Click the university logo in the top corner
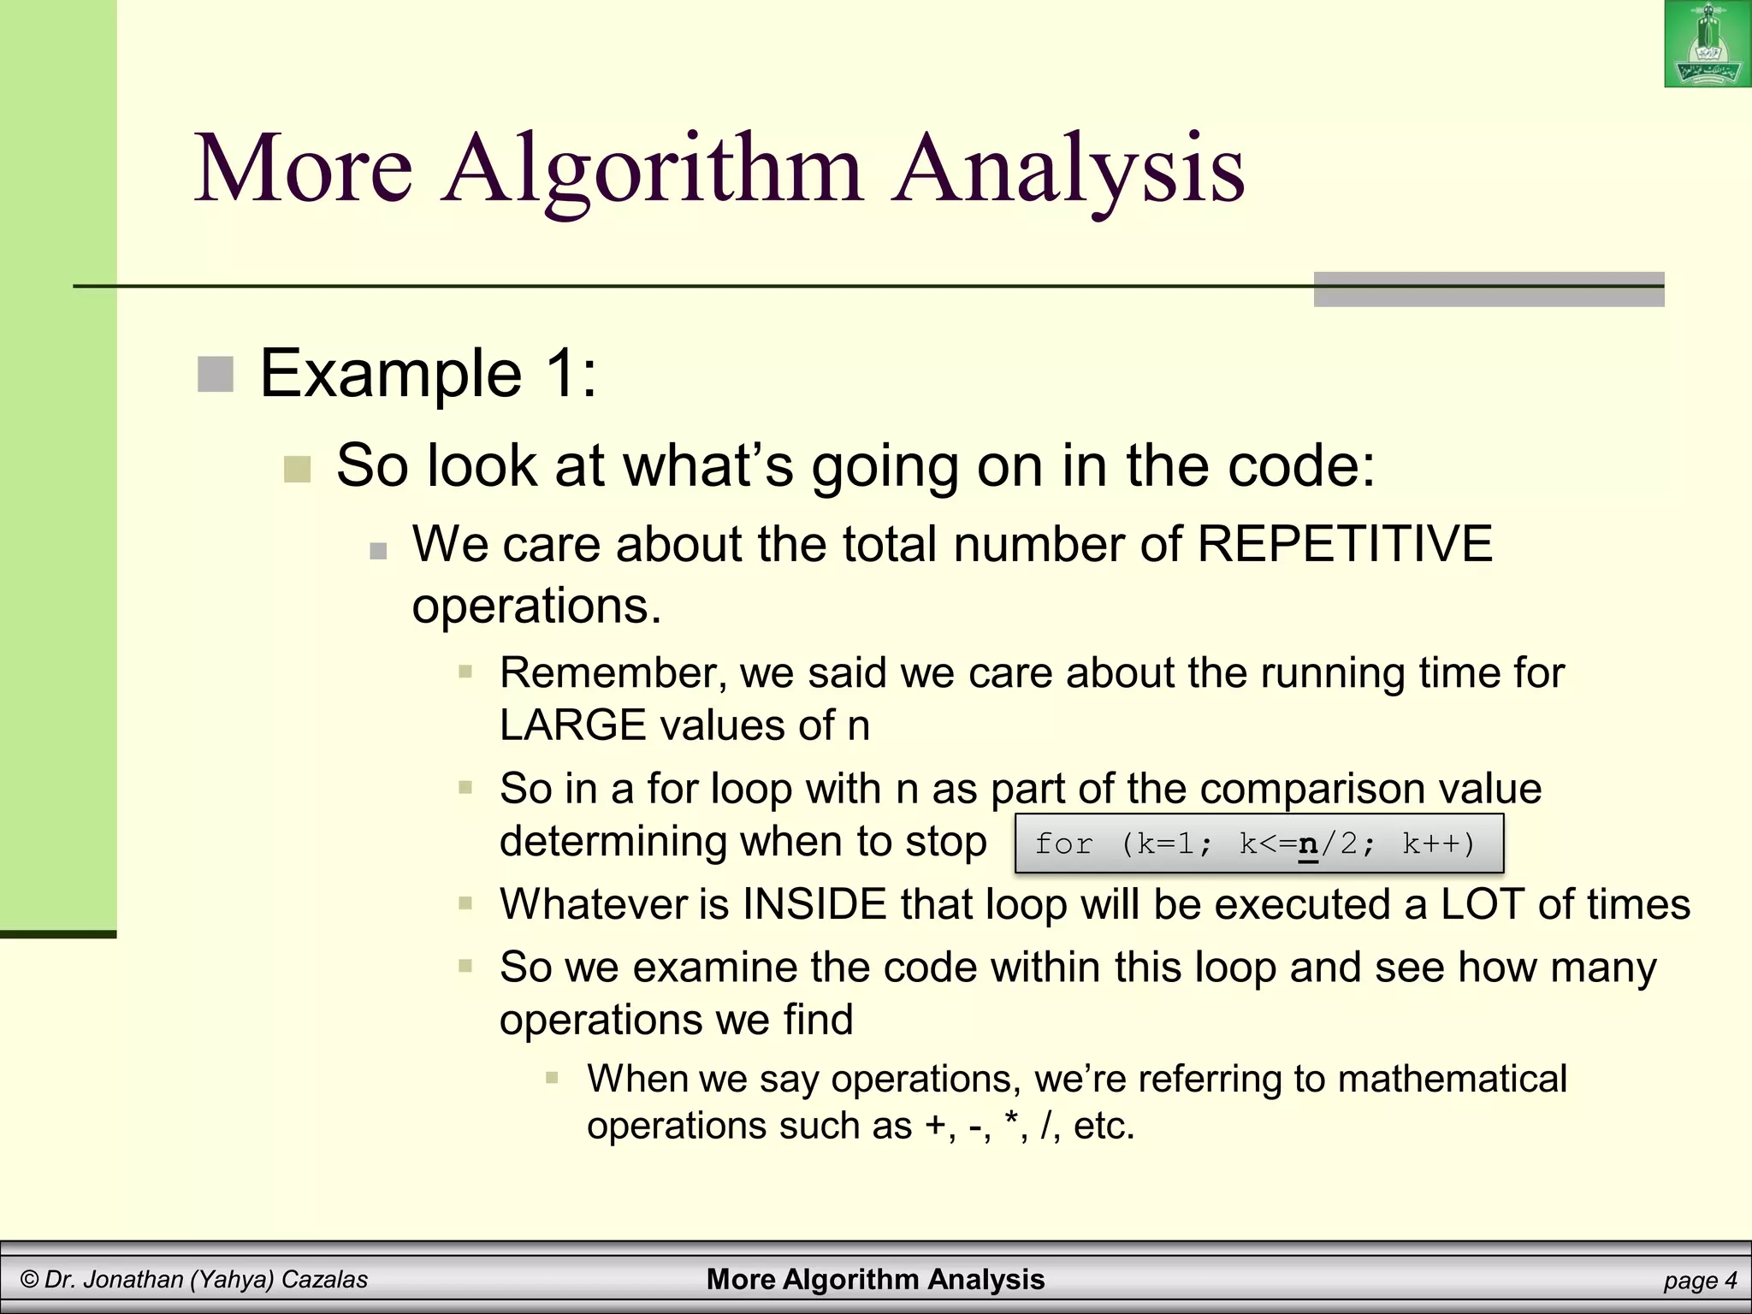pos(1707,44)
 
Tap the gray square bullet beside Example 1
pos(216,375)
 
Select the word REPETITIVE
pos(1344,544)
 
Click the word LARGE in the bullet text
pos(572,725)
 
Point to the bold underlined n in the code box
pos(1307,844)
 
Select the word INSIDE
pos(814,904)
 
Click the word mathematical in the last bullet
pos(1452,1079)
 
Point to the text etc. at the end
pos(1104,1125)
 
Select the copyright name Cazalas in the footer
pos(324,1280)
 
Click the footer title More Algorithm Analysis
pos(875,1279)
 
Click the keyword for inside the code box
pos(1063,844)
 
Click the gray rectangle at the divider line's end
pos(1489,289)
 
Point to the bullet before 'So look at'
pos(297,469)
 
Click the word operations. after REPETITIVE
pos(536,607)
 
